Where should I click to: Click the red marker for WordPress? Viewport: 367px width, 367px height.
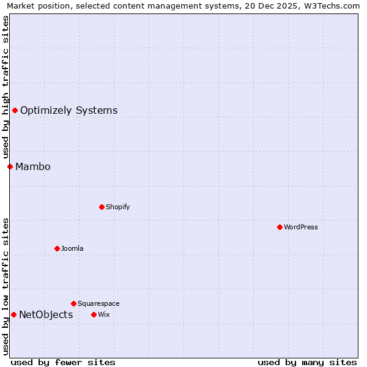point(280,227)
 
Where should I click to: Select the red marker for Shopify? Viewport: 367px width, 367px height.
point(102,207)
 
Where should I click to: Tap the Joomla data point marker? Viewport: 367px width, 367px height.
point(57,248)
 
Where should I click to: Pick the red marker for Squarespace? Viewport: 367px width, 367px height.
point(73,303)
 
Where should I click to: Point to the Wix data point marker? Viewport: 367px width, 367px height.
point(94,314)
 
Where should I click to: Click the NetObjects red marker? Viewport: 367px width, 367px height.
point(13,314)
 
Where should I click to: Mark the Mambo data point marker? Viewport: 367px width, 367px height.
point(10,166)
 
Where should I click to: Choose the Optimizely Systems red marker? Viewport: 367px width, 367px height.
point(15,110)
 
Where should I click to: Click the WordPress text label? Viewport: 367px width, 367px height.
point(301,227)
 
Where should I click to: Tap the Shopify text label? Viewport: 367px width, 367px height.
point(118,207)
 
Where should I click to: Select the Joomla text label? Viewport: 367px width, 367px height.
point(72,248)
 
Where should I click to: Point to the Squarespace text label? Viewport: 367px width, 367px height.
point(98,303)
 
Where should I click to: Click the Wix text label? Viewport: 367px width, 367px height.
point(103,314)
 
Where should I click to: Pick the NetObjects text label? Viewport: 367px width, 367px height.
point(46,314)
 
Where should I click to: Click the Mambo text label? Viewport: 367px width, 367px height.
point(33,166)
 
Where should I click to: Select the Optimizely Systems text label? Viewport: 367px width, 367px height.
point(69,110)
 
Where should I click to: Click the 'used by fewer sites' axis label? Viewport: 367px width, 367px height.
point(63,362)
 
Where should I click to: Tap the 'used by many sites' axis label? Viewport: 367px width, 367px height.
point(307,362)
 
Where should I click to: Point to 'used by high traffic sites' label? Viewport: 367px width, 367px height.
point(6,87)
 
